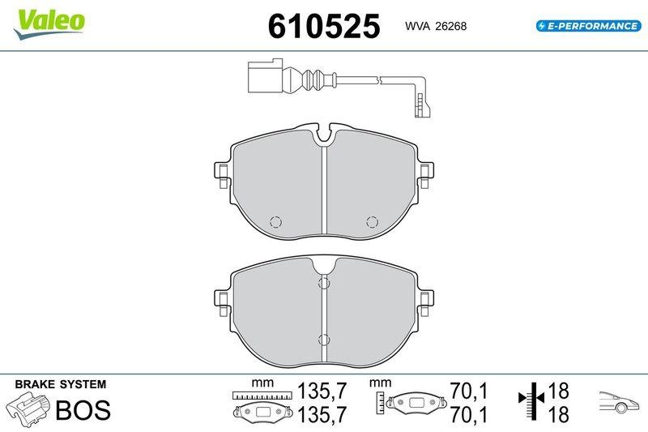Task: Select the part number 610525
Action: (324, 27)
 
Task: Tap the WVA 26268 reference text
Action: (436, 27)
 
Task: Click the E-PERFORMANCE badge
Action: (587, 26)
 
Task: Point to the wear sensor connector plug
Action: (261, 79)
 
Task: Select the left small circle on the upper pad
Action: (275, 222)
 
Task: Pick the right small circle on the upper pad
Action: (373, 222)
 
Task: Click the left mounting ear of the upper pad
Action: (220, 172)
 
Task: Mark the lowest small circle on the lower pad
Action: (324, 340)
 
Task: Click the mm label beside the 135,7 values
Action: (259, 382)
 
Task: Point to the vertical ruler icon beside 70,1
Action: (379, 400)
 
